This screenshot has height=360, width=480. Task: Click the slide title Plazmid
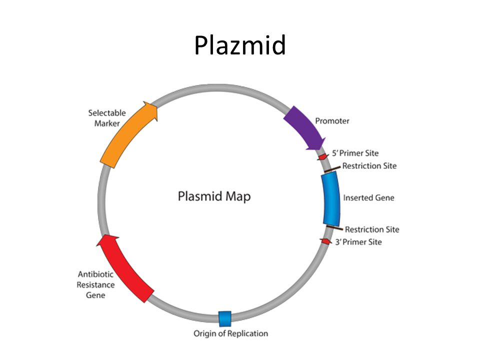click(239, 45)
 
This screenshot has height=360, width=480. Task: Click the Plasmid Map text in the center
click(214, 196)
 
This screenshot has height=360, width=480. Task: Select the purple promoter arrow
click(304, 128)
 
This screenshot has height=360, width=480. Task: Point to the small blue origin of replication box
click(225, 317)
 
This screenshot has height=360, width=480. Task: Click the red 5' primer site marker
click(323, 156)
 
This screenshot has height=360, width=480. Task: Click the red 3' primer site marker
click(325, 241)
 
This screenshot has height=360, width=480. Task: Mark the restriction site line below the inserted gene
click(334, 228)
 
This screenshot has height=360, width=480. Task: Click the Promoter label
click(332, 121)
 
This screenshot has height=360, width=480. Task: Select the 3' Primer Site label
click(358, 242)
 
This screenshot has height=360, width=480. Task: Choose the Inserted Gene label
click(368, 197)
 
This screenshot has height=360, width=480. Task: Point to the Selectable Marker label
click(107, 118)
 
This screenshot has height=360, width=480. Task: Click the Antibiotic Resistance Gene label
click(96, 284)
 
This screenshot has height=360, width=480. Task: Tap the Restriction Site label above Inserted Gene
click(369, 165)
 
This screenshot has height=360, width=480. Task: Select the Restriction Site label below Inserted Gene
click(372, 229)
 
